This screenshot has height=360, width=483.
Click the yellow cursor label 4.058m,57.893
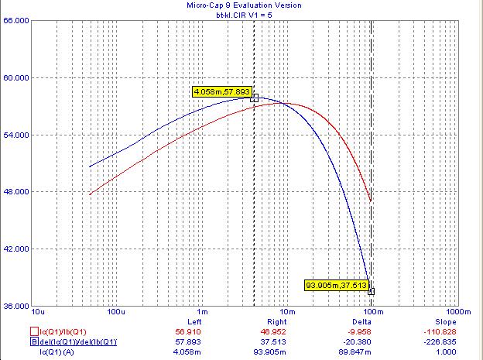(x=222, y=92)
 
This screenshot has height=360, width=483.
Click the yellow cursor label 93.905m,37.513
(x=337, y=285)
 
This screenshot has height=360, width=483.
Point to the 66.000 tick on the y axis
(x=16, y=21)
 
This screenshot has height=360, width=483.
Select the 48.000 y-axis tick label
(x=16, y=191)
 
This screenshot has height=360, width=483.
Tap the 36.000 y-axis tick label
(x=16, y=306)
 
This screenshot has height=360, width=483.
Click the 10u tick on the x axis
(x=38, y=312)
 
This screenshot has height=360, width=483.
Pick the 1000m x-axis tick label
(x=458, y=312)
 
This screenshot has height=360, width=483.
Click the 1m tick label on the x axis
(x=202, y=312)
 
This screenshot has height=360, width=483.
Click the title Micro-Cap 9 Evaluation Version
(x=244, y=5)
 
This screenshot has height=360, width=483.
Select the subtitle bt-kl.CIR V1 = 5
(x=244, y=15)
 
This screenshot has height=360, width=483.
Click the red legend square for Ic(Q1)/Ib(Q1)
(x=34, y=331)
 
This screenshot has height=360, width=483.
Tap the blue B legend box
(x=34, y=342)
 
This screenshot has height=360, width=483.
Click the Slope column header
(x=445, y=322)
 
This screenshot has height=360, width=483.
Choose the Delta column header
(x=361, y=322)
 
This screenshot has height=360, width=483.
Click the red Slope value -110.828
(x=440, y=332)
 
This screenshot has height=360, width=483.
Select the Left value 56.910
(x=188, y=332)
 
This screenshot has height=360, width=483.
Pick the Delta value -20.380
(x=357, y=342)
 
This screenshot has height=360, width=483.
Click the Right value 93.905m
(x=269, y=351)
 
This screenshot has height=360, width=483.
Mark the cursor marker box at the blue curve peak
(x=255, y=98)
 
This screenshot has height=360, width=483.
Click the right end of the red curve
(x=371, y=201)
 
